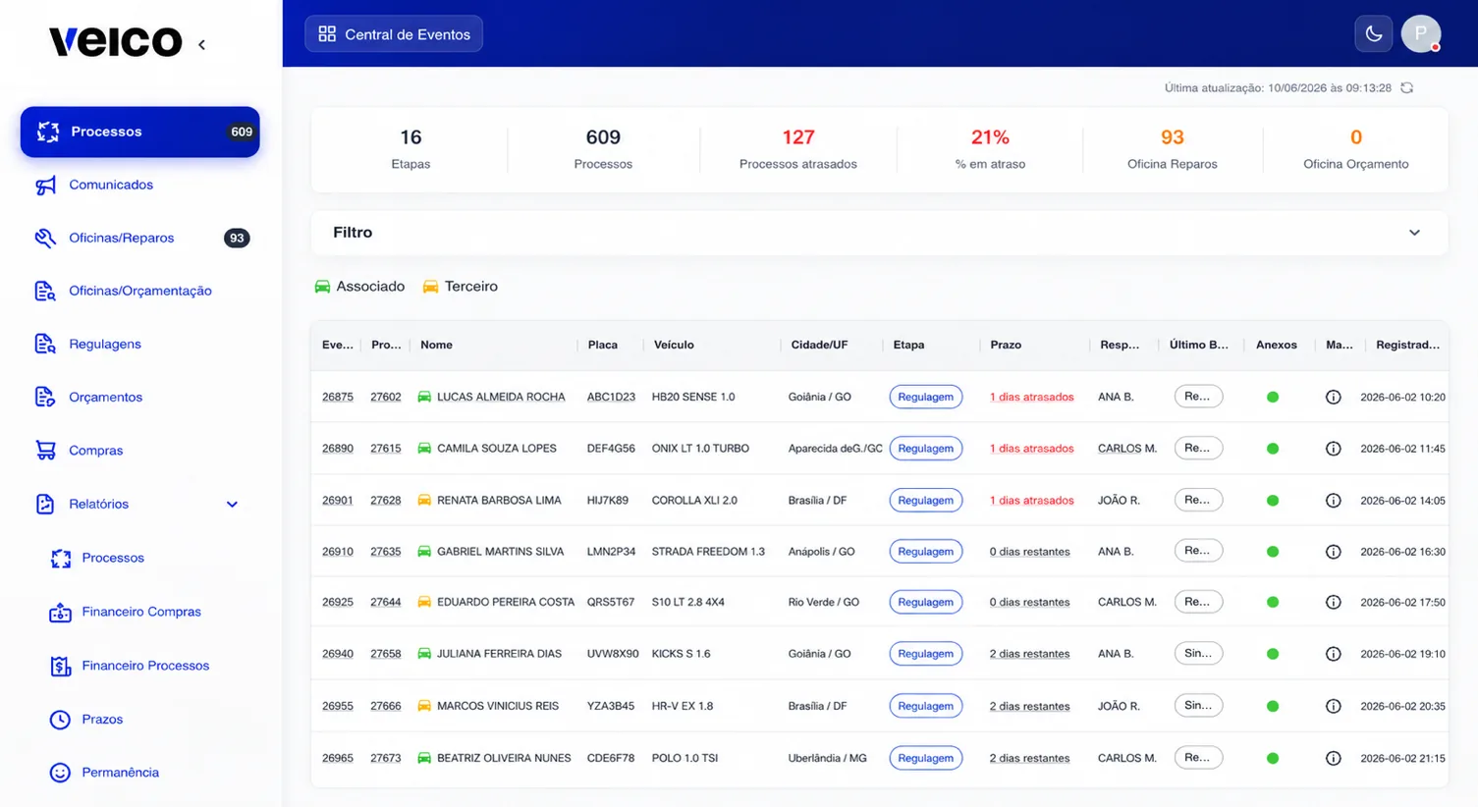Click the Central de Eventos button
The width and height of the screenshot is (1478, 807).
pyautogui.click(x=393, y=33)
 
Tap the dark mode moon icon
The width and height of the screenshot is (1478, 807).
pyautogui.click(x=1374, y=33)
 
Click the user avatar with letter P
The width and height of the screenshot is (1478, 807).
pyautogui.click(x=1421, y=33)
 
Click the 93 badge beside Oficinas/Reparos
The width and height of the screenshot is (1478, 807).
pyautogui.click(x=237, y=238)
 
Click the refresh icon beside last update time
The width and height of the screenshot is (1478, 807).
pyautogui.click(x=1406, y=87)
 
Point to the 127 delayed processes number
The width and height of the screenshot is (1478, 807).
pyautogui.click(x=797, y=137)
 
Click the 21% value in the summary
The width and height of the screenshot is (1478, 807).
pyautogui.click(x=990, y=137)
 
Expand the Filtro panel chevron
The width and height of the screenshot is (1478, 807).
pyautogui.click(x=1414, y=233)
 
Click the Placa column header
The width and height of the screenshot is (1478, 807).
pyautogui.click(x=602, y=345)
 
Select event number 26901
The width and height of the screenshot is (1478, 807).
pyautogui.click(x=337, y=500)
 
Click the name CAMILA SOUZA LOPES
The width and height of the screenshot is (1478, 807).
pyautogui.click(x=496, y=448)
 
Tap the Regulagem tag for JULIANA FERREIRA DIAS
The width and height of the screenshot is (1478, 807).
pyautogui.click(x=925, y=653)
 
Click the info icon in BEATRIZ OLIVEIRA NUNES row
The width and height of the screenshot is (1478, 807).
pyautogui.click(x=1333, y=758)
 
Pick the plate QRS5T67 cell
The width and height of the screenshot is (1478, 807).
pyautogui.click(x=610, y=602)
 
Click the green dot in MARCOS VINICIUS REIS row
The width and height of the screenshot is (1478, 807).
pyautogui.click(x=1272, y=706)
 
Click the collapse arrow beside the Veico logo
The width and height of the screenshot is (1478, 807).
pyautogui.click(x=202, y=44)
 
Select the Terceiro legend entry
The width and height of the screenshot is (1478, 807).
pyautogui.click(x=460, y=287)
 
